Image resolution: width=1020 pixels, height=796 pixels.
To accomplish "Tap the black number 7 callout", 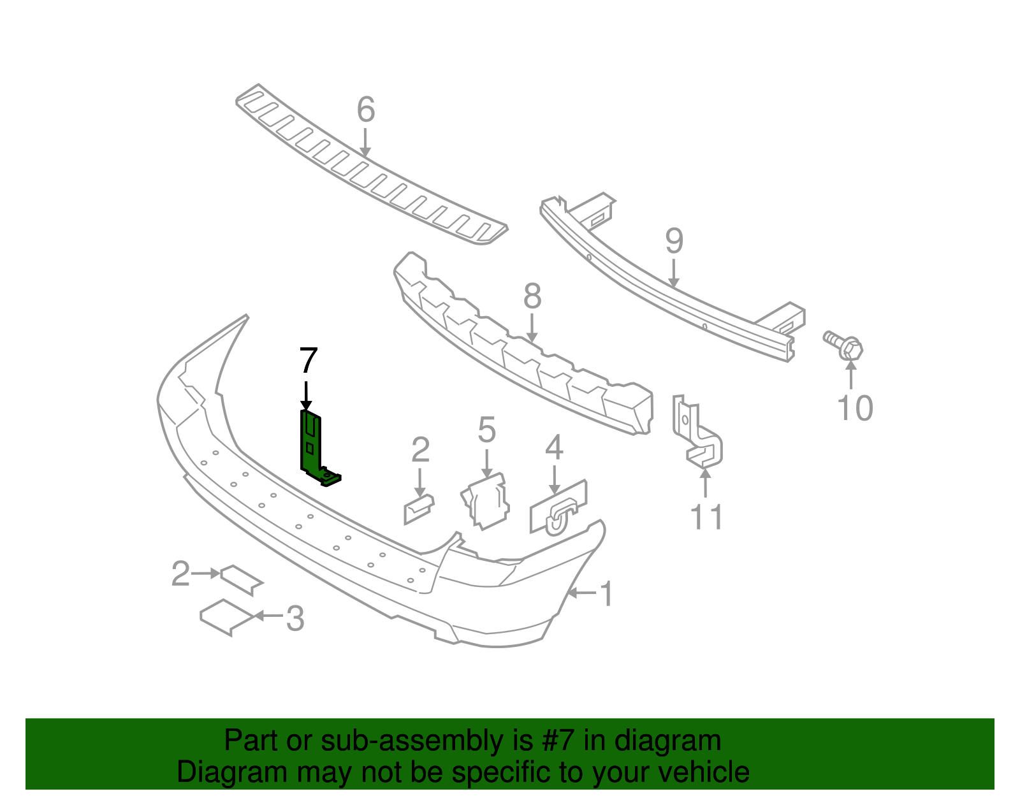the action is pos(308,361).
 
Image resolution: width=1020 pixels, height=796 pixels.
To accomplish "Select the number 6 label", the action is pos(365,110).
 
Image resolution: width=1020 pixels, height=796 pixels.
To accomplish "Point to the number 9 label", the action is pos(674,242).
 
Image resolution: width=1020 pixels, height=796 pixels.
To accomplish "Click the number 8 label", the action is pos(532,297).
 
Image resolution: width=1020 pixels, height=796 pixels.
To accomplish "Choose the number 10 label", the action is pos(854,409).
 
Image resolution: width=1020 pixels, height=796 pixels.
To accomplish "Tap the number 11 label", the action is pos(706,517).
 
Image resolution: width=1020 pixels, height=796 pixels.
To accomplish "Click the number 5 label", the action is pos(486,430).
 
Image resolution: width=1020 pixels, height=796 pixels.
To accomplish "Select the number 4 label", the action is pos(554,447).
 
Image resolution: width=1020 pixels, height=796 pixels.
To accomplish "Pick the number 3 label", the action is pos(295,618).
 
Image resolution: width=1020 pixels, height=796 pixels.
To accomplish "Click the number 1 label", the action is pos(607,594).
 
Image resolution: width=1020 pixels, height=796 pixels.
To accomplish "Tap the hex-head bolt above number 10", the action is pos(844,344).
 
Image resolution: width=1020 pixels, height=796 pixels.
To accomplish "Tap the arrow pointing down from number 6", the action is pos(365,142).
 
